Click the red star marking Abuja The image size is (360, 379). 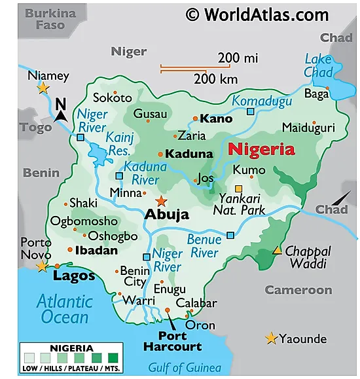161,201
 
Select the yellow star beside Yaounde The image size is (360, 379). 271,338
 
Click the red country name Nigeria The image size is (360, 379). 261,150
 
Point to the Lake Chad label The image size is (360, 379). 318,66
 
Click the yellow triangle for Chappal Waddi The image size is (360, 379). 278,250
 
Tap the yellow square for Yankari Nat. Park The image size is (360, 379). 239,189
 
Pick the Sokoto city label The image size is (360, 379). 113,98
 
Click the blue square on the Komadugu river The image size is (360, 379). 250,112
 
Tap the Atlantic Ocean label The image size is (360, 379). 64,309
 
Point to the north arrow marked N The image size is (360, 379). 62,109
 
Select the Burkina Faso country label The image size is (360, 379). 50,19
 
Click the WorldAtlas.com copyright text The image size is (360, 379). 257,14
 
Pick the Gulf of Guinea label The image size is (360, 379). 184,367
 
